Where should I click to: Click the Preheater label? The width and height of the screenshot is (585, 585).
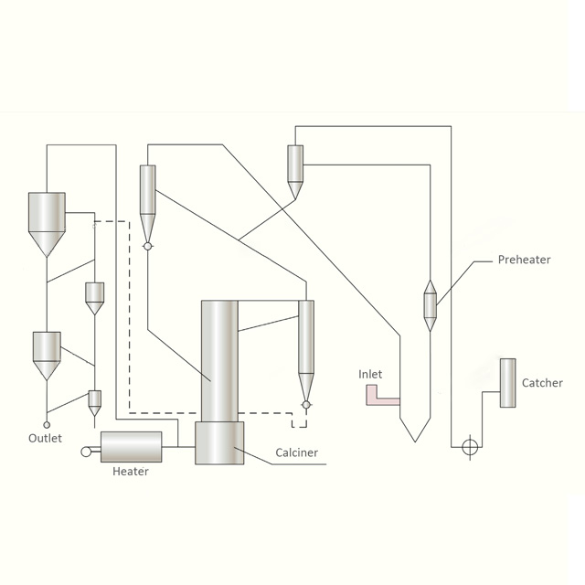(x=524, y=260)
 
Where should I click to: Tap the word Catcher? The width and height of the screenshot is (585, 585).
(x=542, y=383)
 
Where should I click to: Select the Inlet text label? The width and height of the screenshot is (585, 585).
(x=370, y=374)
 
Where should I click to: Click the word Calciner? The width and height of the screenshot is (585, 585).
(x=296, y=452)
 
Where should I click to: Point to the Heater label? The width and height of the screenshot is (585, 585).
(x=130, y=472)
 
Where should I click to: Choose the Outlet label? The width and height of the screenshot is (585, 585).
(x=45, y=438)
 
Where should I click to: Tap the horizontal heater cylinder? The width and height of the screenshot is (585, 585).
(x=131, y=447)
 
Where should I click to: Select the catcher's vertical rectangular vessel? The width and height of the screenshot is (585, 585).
(x=507, y=383)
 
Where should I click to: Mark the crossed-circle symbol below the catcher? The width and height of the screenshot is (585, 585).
(x=470, y=447)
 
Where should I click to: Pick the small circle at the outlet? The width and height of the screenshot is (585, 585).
(x=47, y=424)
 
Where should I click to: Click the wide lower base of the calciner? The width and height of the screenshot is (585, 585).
(x=219, y=442)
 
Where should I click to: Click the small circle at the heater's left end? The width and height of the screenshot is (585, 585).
(x=87, y=451)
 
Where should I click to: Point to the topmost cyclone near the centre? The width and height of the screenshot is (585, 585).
(x=295, y=170)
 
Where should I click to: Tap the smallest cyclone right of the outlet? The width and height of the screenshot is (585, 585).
(x=94, y=401)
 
